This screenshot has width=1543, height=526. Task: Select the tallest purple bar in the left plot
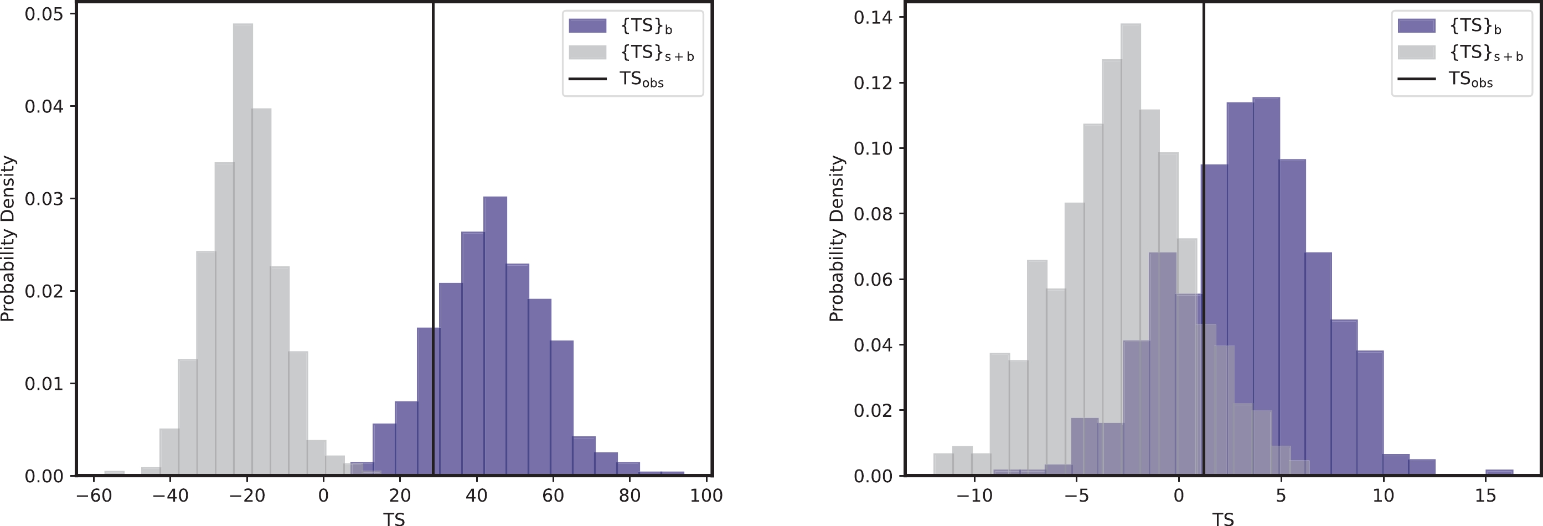point(495,336)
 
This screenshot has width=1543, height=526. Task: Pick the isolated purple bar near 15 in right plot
point(1499,472)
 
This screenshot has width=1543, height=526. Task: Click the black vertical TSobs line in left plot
point(433,180)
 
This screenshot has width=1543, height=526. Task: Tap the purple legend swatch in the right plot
point(1416,26)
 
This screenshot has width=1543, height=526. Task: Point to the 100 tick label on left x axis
point(706,496)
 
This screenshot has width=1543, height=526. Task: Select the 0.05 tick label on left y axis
point(44,14)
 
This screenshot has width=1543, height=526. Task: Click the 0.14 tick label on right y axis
point(873,18)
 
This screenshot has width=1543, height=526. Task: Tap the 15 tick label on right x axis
point(1485,496)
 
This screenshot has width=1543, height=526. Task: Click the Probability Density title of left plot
point(8,239)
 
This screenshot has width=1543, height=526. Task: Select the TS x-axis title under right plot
point(1222,518)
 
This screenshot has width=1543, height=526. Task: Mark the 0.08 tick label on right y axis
point(873,214)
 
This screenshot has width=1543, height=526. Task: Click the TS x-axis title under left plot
point(394,518)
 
